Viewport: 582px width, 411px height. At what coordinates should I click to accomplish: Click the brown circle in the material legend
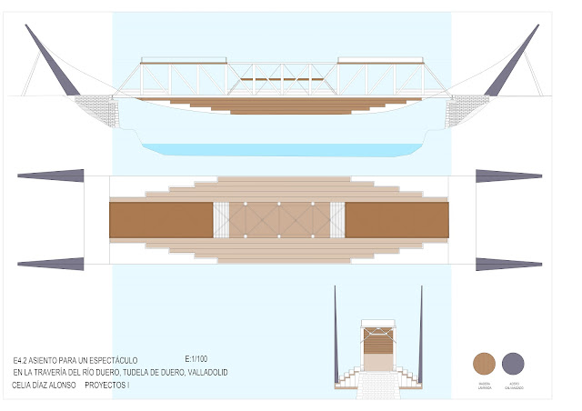coord(485,364)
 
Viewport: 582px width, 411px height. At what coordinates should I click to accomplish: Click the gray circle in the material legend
coord(514,364)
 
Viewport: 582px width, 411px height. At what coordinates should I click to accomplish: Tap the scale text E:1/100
coord(196,359)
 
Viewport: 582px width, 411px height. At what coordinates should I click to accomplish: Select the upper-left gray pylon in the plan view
coord(51,175)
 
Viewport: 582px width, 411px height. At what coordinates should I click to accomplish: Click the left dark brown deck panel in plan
coord(160,220)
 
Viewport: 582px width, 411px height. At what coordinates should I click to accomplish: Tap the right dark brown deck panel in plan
coord(396,220)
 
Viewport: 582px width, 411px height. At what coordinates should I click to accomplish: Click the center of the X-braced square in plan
coord(278,220)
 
